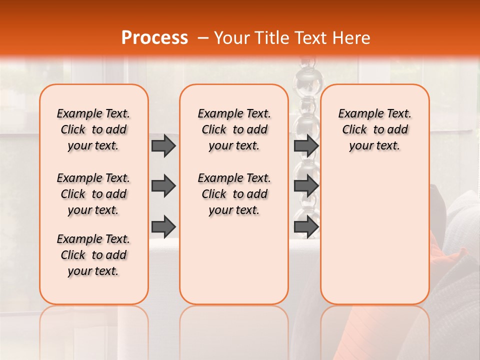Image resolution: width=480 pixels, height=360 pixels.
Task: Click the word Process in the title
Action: [x=154, y=38]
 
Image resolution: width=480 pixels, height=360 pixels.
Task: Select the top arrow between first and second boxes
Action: [x=163, y=146]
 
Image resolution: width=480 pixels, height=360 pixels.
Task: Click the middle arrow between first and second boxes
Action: [x=163, y=186]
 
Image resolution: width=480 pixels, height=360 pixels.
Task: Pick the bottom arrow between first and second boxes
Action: [x=163, y=226]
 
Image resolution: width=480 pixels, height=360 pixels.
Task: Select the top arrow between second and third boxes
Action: [x=306, y=146]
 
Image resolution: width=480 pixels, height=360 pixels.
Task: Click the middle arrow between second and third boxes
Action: [x=306, y=186]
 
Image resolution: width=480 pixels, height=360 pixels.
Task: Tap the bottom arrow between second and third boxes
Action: [x=306, y=226]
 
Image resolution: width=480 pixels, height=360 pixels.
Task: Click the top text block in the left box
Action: [x=93, y=129]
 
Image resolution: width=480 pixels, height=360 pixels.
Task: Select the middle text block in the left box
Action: [x=93, y=194]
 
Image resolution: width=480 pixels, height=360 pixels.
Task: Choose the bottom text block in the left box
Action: [x=93, y=255]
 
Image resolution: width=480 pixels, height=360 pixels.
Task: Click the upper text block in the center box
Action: [x=234, y=129]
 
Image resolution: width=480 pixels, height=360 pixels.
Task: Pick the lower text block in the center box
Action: [x=234, y=194]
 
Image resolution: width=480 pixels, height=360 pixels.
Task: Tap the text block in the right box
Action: [x=374, y=129]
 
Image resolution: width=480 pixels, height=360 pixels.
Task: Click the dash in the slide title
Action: [x=203, y=38]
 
